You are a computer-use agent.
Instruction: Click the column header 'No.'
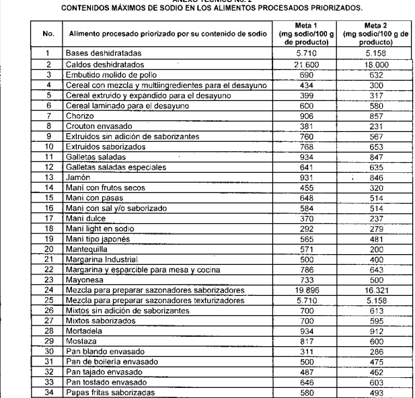click(48, 32)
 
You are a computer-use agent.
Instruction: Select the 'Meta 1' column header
click(299, 32)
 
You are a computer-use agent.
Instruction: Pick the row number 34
click(48, 392)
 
